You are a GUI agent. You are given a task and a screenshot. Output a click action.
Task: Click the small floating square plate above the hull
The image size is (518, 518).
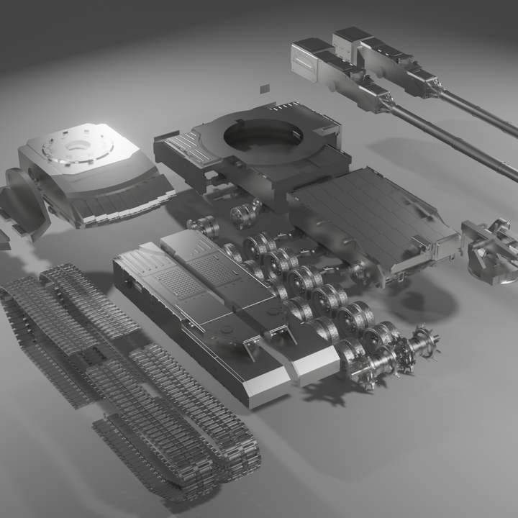point(265,88)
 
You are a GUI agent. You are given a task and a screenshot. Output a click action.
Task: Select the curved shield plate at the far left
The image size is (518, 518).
point(24,201)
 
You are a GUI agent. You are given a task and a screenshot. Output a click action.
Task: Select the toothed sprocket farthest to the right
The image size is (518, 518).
point(424,345)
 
